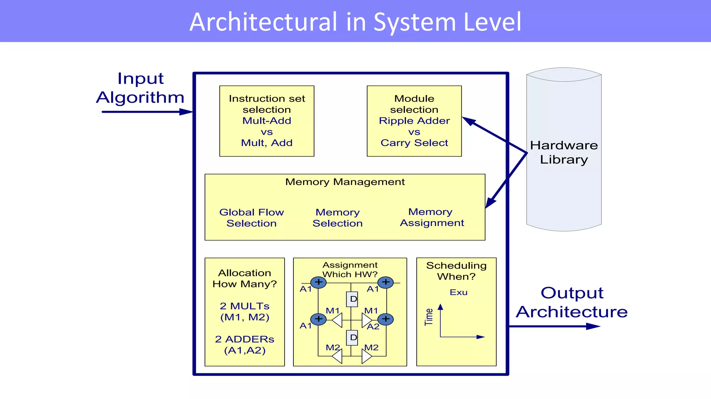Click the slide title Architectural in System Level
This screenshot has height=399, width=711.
355,22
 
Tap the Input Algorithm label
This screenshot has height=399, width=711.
140,88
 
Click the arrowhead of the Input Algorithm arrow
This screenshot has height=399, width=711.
186,112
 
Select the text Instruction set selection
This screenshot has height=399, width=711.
267,104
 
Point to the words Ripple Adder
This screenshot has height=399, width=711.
414,121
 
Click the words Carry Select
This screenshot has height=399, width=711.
414,143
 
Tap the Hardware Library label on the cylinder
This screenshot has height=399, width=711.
564,152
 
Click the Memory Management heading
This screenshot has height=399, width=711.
345,182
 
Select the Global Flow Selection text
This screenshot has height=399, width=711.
251,218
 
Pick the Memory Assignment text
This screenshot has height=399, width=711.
432,217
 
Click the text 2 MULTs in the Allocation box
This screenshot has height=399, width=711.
244,306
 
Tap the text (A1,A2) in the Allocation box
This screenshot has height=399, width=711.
245,350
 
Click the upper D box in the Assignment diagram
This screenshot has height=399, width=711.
352,299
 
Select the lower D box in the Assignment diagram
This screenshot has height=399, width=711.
352,337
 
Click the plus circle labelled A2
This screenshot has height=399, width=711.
385,319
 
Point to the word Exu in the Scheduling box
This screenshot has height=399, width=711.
458,292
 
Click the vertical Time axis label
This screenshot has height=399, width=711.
429,317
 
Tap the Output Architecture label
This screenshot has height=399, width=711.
571,302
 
